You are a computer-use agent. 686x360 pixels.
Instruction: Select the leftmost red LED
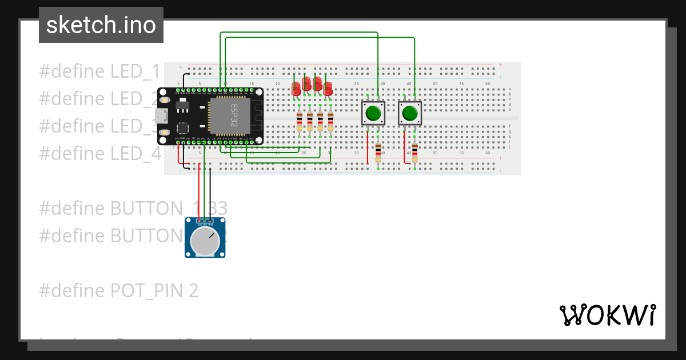[296, 89]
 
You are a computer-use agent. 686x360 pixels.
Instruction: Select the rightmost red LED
[328, 89]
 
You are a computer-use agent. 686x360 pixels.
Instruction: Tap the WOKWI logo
[607, 315]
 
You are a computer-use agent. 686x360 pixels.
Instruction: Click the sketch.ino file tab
[101, 25]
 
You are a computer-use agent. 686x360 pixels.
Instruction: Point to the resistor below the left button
[378, 153]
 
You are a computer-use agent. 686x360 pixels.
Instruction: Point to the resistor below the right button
[414, 153]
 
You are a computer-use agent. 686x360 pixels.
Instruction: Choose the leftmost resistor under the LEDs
[300, 121]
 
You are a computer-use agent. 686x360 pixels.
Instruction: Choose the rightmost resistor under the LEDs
[330, 121]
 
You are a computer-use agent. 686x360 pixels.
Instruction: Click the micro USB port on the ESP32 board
[162, 116]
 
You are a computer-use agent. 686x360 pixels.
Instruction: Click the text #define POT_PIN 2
[118, 291]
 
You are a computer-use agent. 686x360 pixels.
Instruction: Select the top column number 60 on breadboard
[488, 84]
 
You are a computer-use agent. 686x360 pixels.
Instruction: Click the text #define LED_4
[100, 153]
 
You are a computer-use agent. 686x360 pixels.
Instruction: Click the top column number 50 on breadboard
[435, 84]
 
